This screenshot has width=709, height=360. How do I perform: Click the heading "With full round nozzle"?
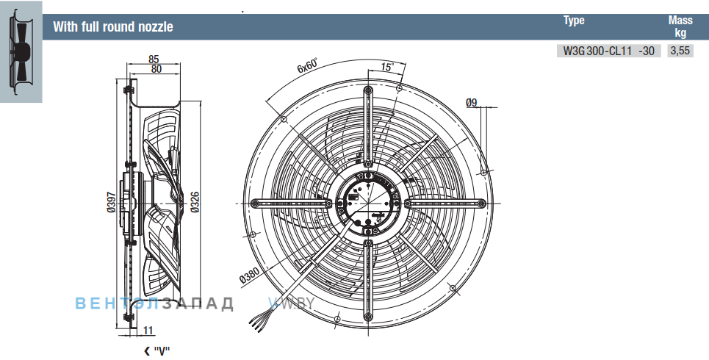coord(113,26)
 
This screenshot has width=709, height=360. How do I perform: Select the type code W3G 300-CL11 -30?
coord(608,51)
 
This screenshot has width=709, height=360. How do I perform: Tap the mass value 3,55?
coord(680,51)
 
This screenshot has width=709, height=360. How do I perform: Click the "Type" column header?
coord(574,21)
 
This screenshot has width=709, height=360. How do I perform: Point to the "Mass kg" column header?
coord(680,26)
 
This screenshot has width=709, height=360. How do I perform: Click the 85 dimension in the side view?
coord(154,59)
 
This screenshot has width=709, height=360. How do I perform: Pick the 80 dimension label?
coord(156,69)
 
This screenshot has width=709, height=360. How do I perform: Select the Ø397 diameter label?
coord(111,202)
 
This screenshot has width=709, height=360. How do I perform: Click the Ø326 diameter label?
coord(195,202)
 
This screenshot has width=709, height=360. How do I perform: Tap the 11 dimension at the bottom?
coord(148,331)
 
